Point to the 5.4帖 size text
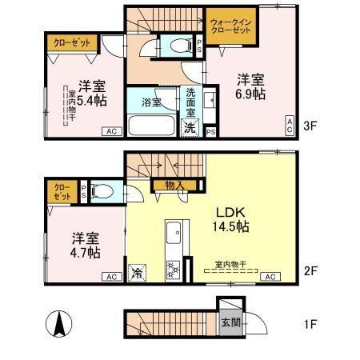(91, 100)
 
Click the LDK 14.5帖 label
(231, 219)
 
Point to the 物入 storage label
(174, 186)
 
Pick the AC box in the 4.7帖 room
(109, 277)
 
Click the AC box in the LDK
(270, 277)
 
